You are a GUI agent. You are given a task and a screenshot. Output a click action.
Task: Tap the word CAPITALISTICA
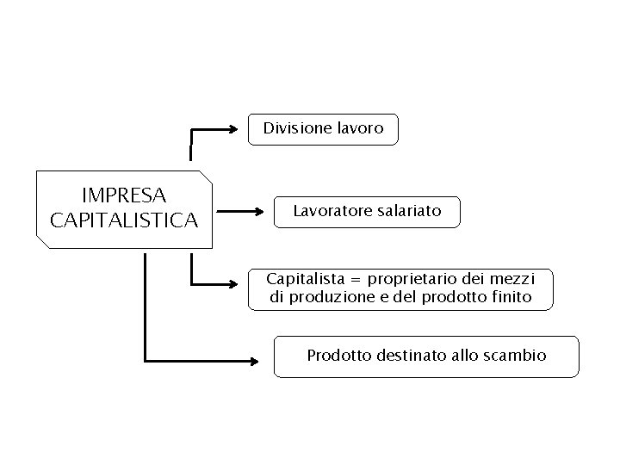click(124, 220)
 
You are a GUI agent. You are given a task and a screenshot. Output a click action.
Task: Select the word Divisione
click(297, 128)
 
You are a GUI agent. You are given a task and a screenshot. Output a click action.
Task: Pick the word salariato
click(408, 211)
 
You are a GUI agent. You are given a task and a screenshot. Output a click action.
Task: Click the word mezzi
click(515, 279)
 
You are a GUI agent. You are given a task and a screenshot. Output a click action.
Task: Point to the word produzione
click(328, 298)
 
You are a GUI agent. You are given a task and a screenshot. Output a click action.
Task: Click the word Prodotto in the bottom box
click(338, 355)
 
